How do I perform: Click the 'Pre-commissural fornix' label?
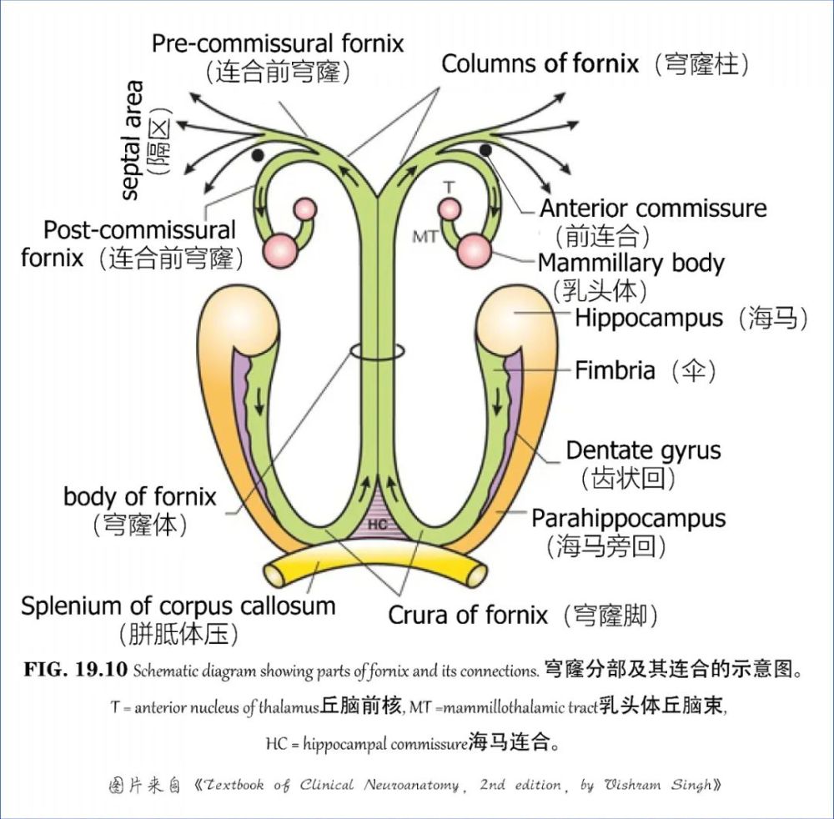[x=278, y=43]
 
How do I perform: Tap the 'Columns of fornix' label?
[x=540, y=63]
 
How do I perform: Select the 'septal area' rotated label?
[x=132, y=139]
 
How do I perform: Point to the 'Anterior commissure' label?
[x=653, y=208]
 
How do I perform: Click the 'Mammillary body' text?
[x=631, y=264]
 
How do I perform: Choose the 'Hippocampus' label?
[x=648, y=318]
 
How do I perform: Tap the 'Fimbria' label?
[x=615, y=369]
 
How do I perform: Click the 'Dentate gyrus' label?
[x=643, y=451]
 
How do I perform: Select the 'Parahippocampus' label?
[x=629, y=518]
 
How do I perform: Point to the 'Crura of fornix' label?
[x=468, y=616]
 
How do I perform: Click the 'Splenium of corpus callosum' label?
[x=178, y=606]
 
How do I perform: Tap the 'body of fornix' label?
[x=139, y=497]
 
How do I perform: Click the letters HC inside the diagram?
[x=377, y=525]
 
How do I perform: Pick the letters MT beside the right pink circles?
[x=425, y=237]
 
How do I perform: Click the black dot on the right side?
[x=485, y=149]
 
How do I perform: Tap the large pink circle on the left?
[x=279, y=249]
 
